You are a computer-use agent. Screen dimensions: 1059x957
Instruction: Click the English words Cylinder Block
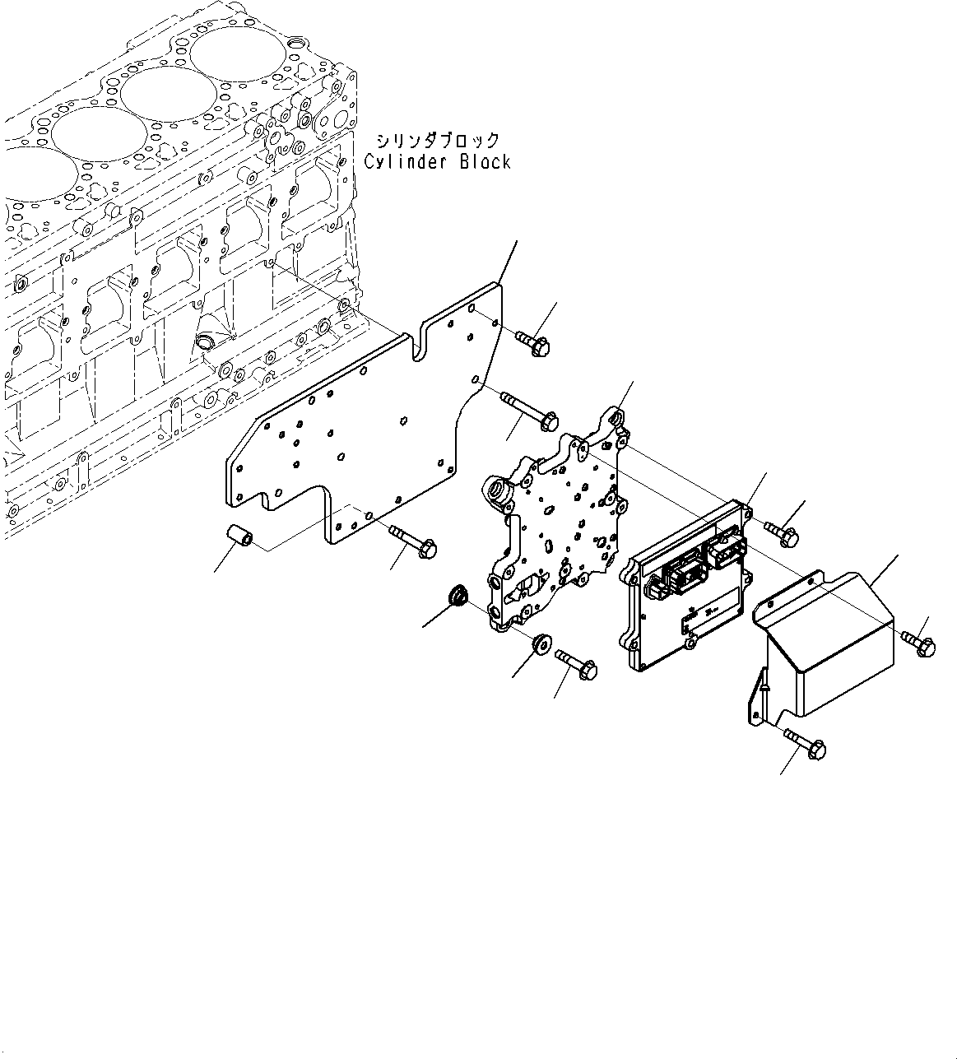click(437, 161)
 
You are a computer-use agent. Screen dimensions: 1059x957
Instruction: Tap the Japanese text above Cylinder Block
click(438, 139)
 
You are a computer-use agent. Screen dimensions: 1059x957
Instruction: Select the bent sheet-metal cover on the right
click(823, 650)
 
